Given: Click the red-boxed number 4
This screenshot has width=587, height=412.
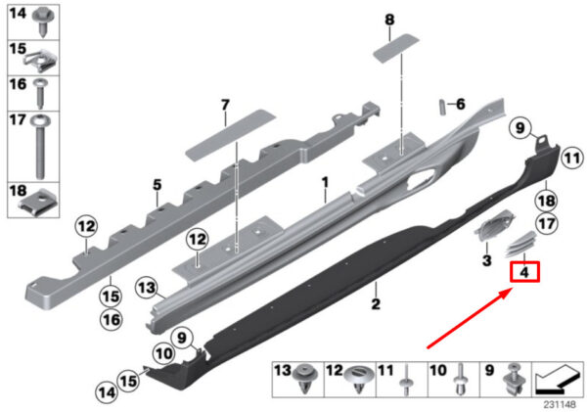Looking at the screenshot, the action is pyautogui.click(x=524, y=272).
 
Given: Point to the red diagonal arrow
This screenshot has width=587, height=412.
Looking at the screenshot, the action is pyautogui.click(x=470, y=318).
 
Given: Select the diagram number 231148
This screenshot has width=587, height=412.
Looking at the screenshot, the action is pyautogui.click(x=560, y=405).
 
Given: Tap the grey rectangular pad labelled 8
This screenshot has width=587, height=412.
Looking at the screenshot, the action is pyautogui.click(x=396, y=48).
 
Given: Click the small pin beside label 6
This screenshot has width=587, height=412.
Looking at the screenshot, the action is pyautogui.click(x=442, y=108).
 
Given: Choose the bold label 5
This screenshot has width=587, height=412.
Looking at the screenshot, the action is pyautogui.click(x=157, y=185).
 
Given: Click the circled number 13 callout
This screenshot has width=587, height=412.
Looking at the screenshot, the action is pyautogui.click(x=147, y=288).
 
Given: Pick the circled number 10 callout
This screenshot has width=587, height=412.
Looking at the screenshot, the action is pyautogui.click(x=164, y=353).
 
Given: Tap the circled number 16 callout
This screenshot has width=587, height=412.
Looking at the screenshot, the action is pyautogui.click(x=112, y=320).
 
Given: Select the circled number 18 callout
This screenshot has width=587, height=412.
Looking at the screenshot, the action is pyautogui.click(x=546, y=202).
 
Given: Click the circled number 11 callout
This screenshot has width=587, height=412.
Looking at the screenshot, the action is pyautogui.click(x=571, y=159).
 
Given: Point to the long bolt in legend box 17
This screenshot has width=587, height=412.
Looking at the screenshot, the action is pyautogui.click(x=40, y=146).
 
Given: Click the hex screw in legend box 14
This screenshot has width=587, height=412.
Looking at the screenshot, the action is pyautogui.click(x=44, y=22).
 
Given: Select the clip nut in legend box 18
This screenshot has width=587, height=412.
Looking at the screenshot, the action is pyautogui.click(x=39, y=202).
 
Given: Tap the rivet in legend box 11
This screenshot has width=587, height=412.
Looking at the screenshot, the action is pyautogui.click(x=407, y=382).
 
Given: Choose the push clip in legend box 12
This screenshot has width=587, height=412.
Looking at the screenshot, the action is pyautogui.click(x=358, y=379).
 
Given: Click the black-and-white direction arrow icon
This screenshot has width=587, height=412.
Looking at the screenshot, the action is pyautogui.click(x=557, y=381).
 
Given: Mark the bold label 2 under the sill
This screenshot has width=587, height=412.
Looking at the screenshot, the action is pyautogui.click(x=376, y=303).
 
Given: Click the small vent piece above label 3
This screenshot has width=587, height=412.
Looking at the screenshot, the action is pyautogui.click(x=495, y=224).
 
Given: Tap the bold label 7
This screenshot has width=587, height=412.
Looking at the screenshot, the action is pyautogui.click(x=225, y=106).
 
